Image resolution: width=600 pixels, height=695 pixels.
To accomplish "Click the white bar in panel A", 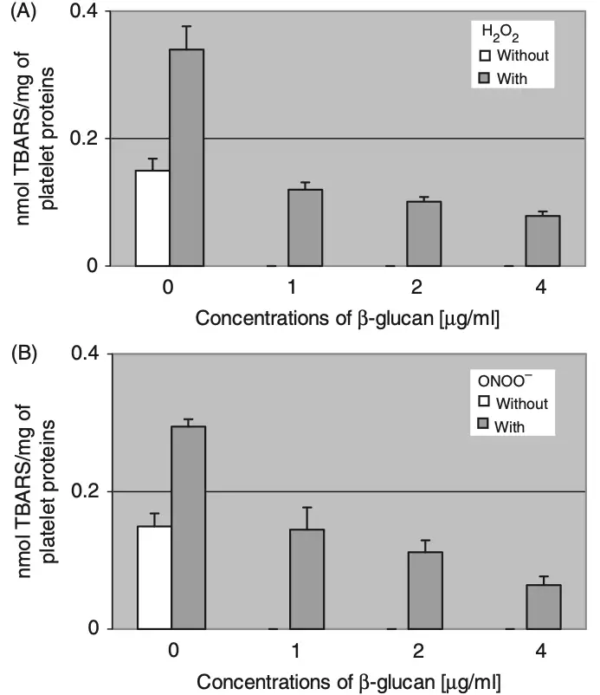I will click(152, 218).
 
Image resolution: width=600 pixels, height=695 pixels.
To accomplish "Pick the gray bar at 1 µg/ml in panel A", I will click(305, 227).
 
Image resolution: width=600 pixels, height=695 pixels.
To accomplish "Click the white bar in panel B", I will click(154, 577).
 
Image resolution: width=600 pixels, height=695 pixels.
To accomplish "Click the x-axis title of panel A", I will click(347, 318).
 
